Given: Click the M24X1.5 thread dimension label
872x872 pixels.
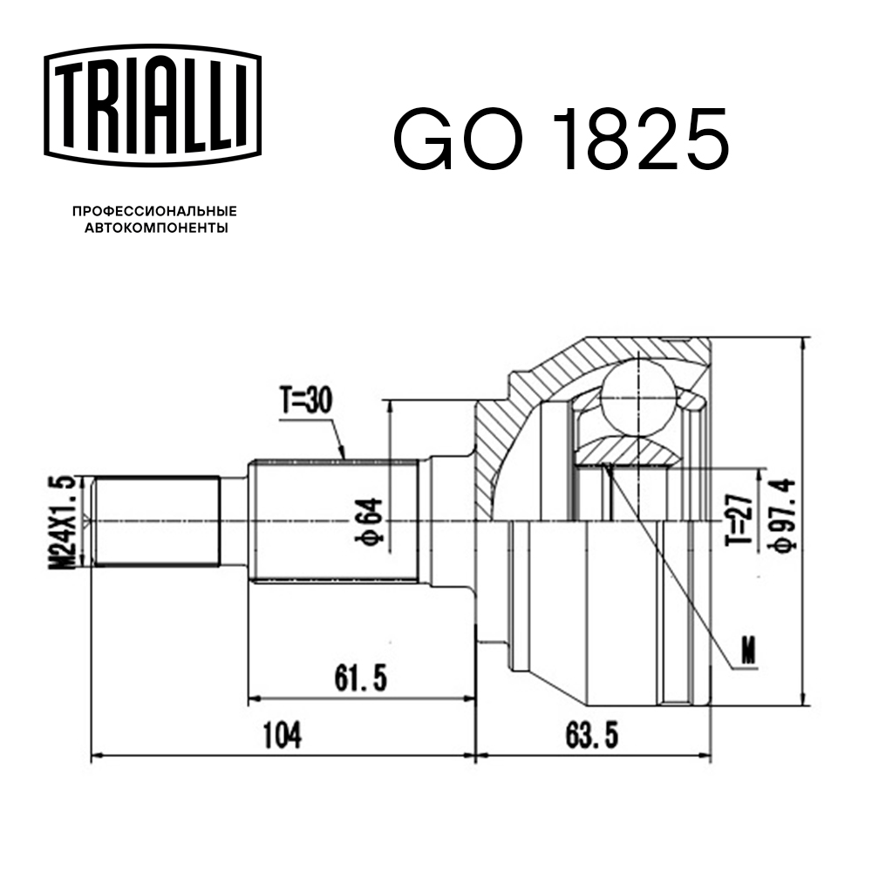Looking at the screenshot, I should (62, 521).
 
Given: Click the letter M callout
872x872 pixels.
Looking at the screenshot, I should (747, 649).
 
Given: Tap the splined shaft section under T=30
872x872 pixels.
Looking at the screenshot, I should (336, 521).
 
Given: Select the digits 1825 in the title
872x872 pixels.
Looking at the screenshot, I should (642, 140).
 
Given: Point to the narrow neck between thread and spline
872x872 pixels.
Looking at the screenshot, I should (233, 521).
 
